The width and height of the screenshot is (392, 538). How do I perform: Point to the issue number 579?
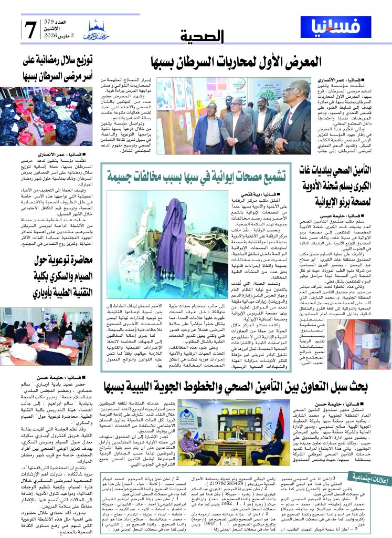pyautogui.click(x=61, y=21)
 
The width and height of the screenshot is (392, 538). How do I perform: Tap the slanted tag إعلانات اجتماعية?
pyautogui.click(x=372, y=476)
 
